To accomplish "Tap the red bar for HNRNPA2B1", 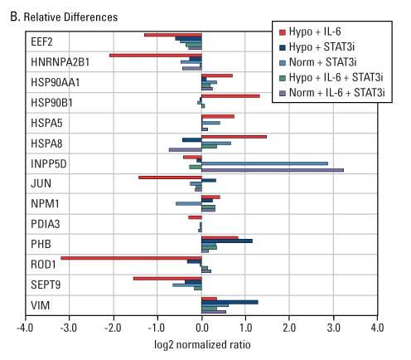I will [x=156, y=55].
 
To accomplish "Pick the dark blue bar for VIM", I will [x=230, y=302].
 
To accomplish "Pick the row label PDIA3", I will [x=46, y=222].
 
